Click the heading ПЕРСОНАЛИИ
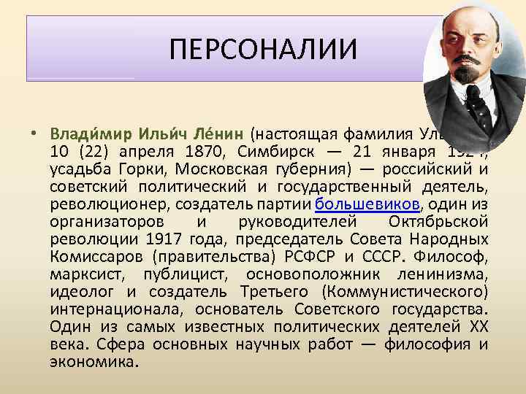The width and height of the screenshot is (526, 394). tap(263, 50)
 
